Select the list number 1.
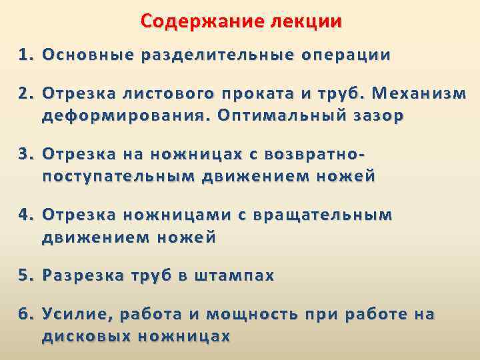pos(25,55)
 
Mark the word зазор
pos(373,115)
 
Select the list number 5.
pos(25,276)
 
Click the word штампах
pos(233,276)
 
